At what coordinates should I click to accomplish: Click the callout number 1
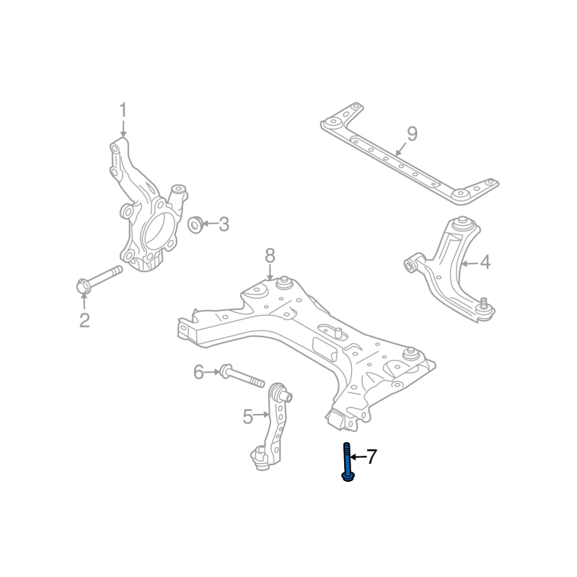click(123, 110)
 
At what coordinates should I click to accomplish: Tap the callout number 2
click(84, 320)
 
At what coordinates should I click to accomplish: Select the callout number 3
click(224, 225)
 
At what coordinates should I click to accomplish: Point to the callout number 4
click(485, 262)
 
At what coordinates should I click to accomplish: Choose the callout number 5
click(247, 416)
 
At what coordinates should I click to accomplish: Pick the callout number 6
click(198, 372)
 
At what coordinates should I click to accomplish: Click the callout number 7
click(371, 457)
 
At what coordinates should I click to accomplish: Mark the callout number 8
click(270, 255)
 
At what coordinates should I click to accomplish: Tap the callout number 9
click(412, 133)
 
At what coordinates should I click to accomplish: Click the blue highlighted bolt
click(348, 462)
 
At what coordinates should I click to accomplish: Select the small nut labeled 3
click(194, 225)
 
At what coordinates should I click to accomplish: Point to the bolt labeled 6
click(241, 376)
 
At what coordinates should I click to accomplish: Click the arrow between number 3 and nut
click(209, 225)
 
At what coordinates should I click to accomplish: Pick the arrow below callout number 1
click(123, 130)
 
